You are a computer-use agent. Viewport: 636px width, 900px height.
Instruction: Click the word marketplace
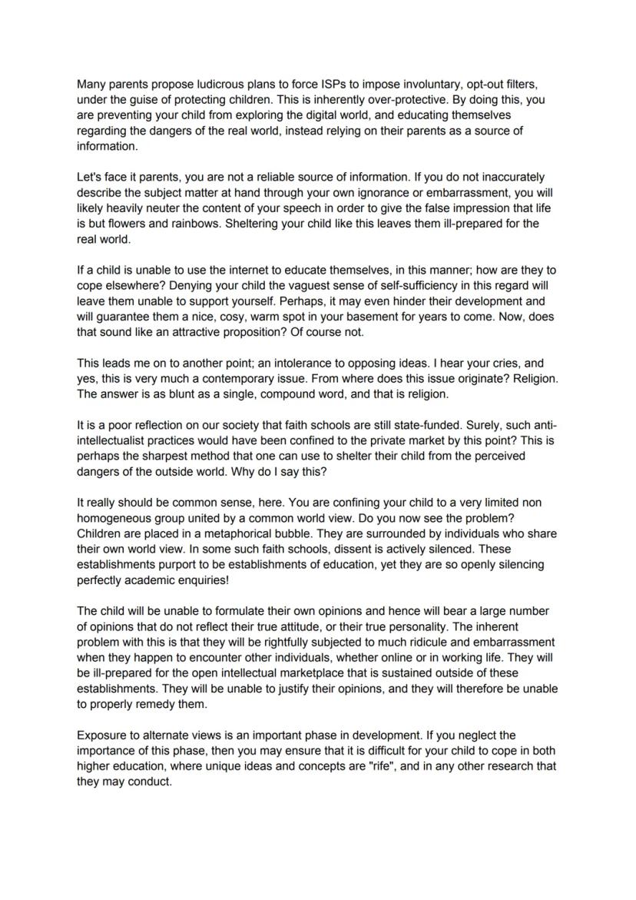click(306, 673)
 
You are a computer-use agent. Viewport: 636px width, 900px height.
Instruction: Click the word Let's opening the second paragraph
click(91, 177)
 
